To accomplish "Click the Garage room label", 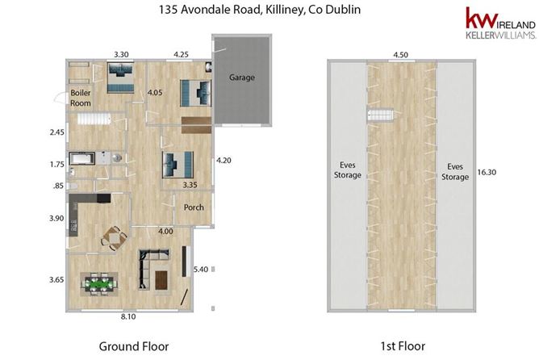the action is [x=242, y=77].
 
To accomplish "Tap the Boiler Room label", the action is [x=81, y=98].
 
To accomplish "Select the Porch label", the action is [x=194, y=207].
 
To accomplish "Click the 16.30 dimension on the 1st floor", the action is [x=487, y=172].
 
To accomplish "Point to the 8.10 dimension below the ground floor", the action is [x=128, y=316].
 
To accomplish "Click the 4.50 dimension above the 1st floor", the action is [x=400, y=55].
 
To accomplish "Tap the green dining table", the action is [x=99, y=284].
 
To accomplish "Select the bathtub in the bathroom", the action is [x=81, y=159].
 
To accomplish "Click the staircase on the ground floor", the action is [x=94, y=119].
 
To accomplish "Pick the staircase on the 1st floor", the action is [x=380, y=115].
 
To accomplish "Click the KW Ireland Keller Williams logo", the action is [x=500, y=23].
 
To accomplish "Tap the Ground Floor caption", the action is [x=134, y=346].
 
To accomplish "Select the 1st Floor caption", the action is [x=403, y=346].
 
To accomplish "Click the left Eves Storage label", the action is [x=348, y=170].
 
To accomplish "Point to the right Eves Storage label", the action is [x=455, y=172].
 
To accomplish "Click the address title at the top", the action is [x=260, y=10].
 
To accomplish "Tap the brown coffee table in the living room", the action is [x=162, y=280].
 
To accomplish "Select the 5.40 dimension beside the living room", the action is [x=201, y=270].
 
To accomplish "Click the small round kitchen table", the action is [x=115, y=237].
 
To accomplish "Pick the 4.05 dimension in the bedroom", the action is [x=155, y=93].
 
